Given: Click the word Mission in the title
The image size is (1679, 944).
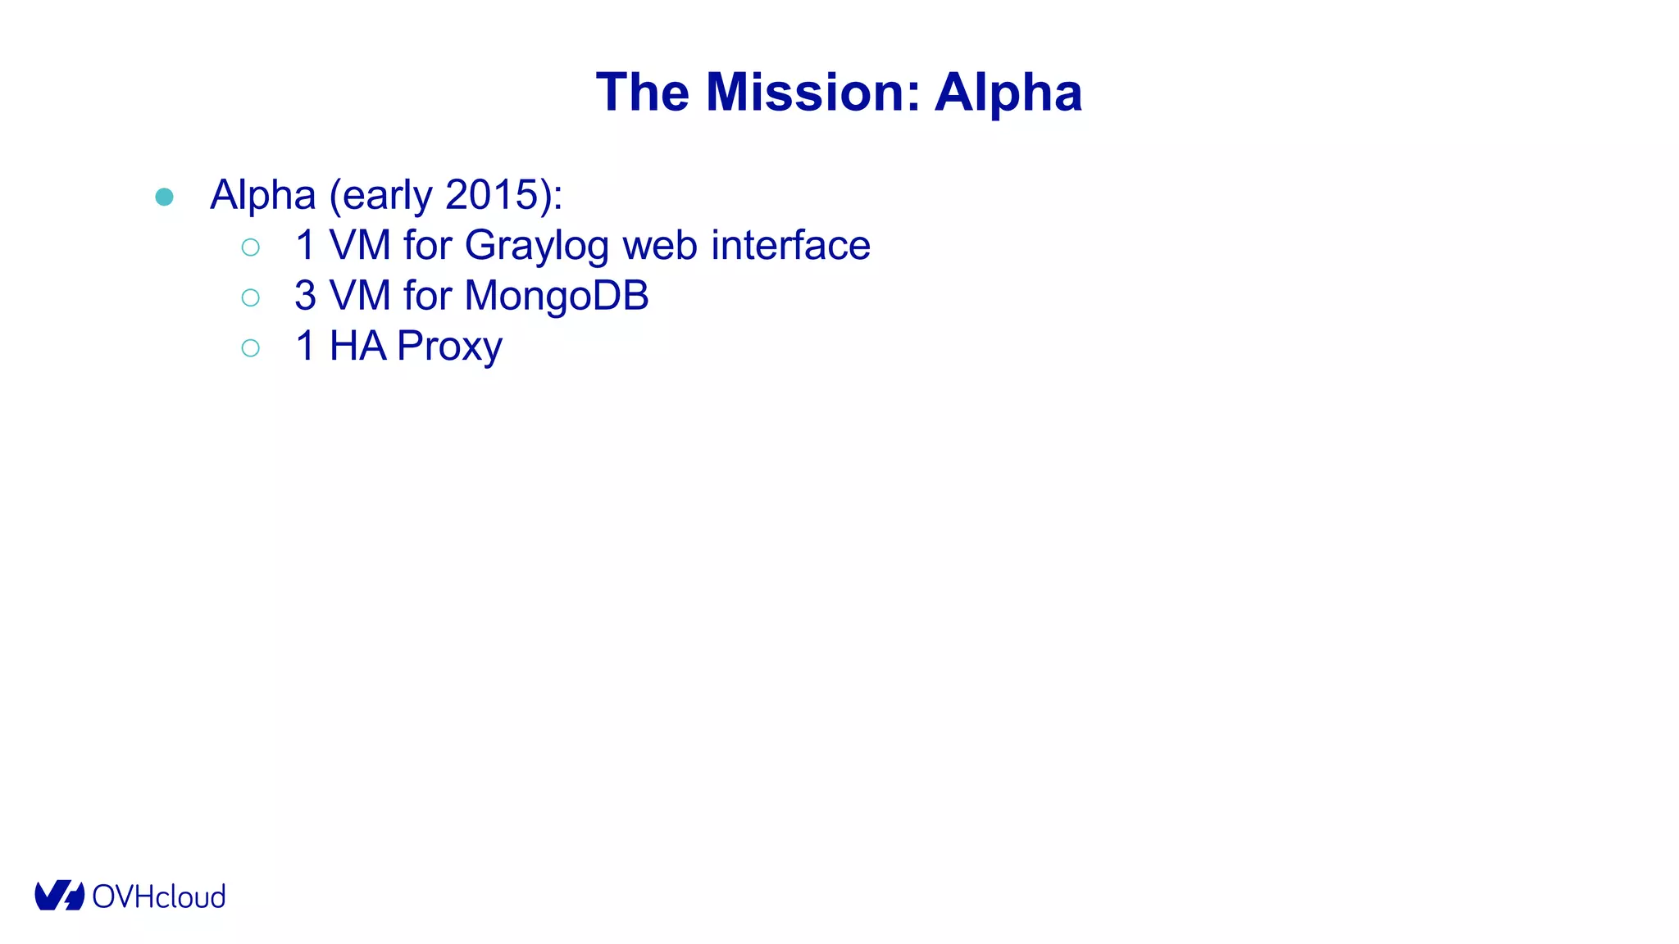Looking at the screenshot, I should pyautogui.click(x=812, y=92).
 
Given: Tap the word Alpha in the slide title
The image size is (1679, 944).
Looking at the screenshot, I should pyautogui.click(x=1008, y=92).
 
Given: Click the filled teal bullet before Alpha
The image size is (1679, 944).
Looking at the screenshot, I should pyautogui.click(x=164, y=197).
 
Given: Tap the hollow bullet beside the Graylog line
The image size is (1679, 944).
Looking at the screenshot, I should pyautogui.click(x=251, y=247).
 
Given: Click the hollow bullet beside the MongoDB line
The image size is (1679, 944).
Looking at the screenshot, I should pyautogui.click(x=251, y=297).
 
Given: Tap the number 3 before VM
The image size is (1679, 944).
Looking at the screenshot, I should pyautogui.click(x=305, y=296).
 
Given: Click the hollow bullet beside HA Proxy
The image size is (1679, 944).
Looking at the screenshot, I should pyautogui.click(x=251, y=348).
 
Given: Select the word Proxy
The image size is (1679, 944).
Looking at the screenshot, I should pyautogui.click(x=449, y=347).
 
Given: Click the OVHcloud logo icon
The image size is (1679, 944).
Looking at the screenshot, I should pyautogui.click(x=59, y=896).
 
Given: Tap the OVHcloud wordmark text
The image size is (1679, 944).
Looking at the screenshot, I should pyautogui.click(x=159, y=896).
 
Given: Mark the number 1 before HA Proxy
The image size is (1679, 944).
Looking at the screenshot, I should pyautogui.click(x=305, y=346).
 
